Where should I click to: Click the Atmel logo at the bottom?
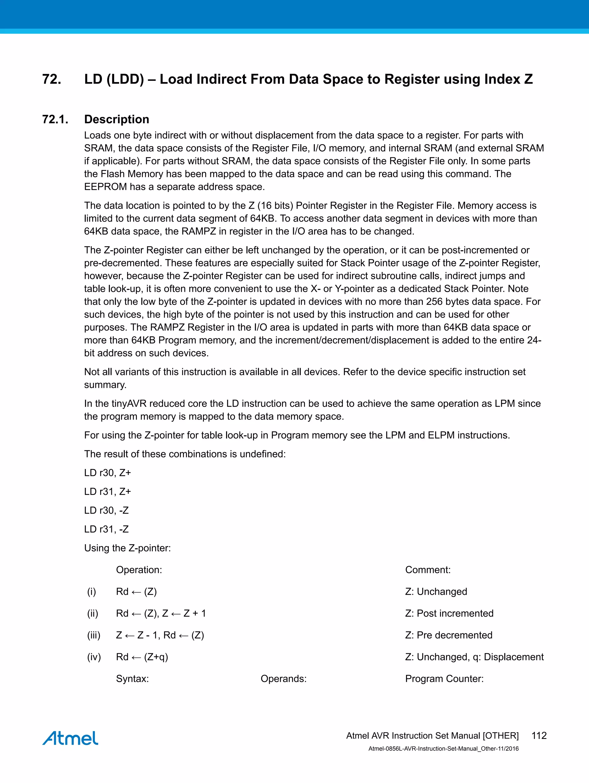tap(70, 738)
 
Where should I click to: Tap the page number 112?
tap(539, 736)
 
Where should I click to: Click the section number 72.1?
tap(55, 119)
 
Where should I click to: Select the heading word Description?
tap(116, 119)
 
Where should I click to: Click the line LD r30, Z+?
tap(108, 473)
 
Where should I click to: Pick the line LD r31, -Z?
tap(106, 529)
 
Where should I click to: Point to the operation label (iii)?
tap(94, 635)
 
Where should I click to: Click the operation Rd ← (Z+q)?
tap(142, 657)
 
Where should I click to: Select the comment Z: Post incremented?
tap(449, 614)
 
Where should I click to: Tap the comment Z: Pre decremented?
tap(449, 635)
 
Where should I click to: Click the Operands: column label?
tap(283, 679)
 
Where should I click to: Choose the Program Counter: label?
tap(444, 679)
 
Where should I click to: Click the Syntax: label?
tap(132, 679)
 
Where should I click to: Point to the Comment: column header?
tap(428, 570)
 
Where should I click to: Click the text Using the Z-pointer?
tap(127, 548)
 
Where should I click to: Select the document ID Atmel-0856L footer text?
tap(443, 749)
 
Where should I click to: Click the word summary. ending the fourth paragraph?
tap(105, 385)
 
